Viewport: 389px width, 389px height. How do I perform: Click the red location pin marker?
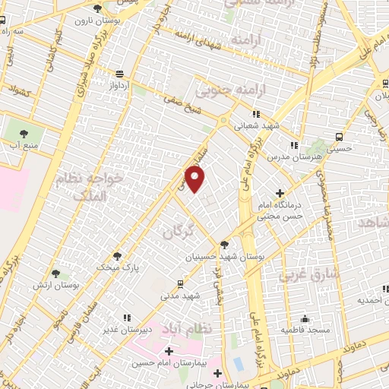(x=195, y=179)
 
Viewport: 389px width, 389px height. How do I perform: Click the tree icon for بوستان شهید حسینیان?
(x=223, y=244)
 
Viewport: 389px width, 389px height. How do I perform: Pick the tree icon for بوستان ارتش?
(x=55, y=273)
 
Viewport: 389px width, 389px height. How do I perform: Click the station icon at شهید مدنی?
(x=179, y=284)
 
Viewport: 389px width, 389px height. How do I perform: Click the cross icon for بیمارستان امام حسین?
(x=169, y=351)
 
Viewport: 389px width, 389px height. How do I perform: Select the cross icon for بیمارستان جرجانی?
(x=218, y=373)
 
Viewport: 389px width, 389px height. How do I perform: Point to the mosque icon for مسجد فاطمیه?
(x=305, y=318)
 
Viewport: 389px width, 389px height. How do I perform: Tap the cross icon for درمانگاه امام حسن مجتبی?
(x=280, y=193)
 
